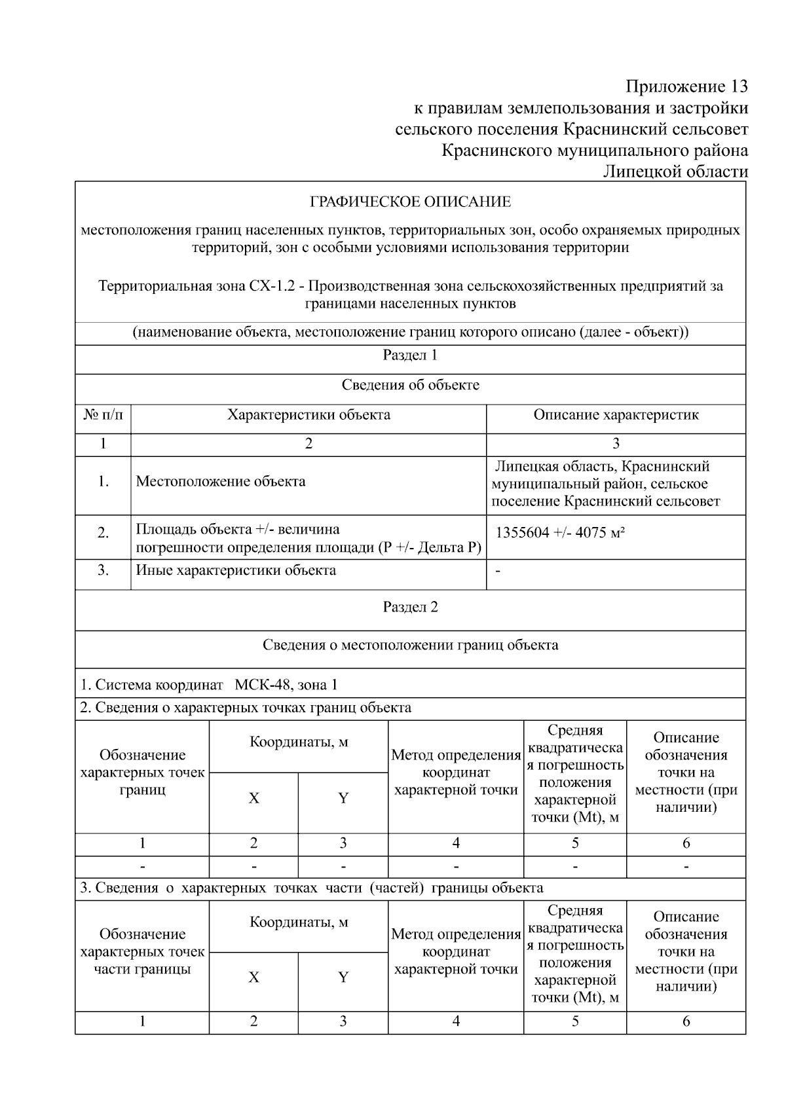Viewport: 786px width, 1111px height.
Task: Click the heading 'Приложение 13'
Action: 686,86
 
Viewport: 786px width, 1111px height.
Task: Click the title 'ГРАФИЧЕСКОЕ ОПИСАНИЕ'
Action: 410,202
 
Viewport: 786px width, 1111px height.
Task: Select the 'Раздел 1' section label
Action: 410,355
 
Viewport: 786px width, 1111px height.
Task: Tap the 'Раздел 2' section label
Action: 410,607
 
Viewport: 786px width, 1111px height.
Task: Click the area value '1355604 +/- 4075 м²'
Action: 560,532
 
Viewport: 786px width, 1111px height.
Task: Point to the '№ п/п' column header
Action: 103,415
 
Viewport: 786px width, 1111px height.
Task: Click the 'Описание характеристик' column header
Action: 616,415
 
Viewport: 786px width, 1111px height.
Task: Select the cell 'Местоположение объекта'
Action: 221,482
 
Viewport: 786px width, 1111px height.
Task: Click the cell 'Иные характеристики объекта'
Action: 236,570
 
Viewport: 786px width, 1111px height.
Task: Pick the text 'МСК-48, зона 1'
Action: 286,685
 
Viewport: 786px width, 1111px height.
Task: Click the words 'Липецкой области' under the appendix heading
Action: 675,172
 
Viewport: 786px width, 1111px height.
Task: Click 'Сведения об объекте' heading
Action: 410,385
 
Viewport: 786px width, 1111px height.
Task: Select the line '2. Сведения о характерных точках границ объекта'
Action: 246,708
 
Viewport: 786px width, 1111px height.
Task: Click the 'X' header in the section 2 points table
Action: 253,799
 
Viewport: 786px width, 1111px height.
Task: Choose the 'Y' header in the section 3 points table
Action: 343,977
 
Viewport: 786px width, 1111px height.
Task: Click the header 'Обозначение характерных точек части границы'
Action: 142,952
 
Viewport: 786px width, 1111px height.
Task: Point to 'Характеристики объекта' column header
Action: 309,415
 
